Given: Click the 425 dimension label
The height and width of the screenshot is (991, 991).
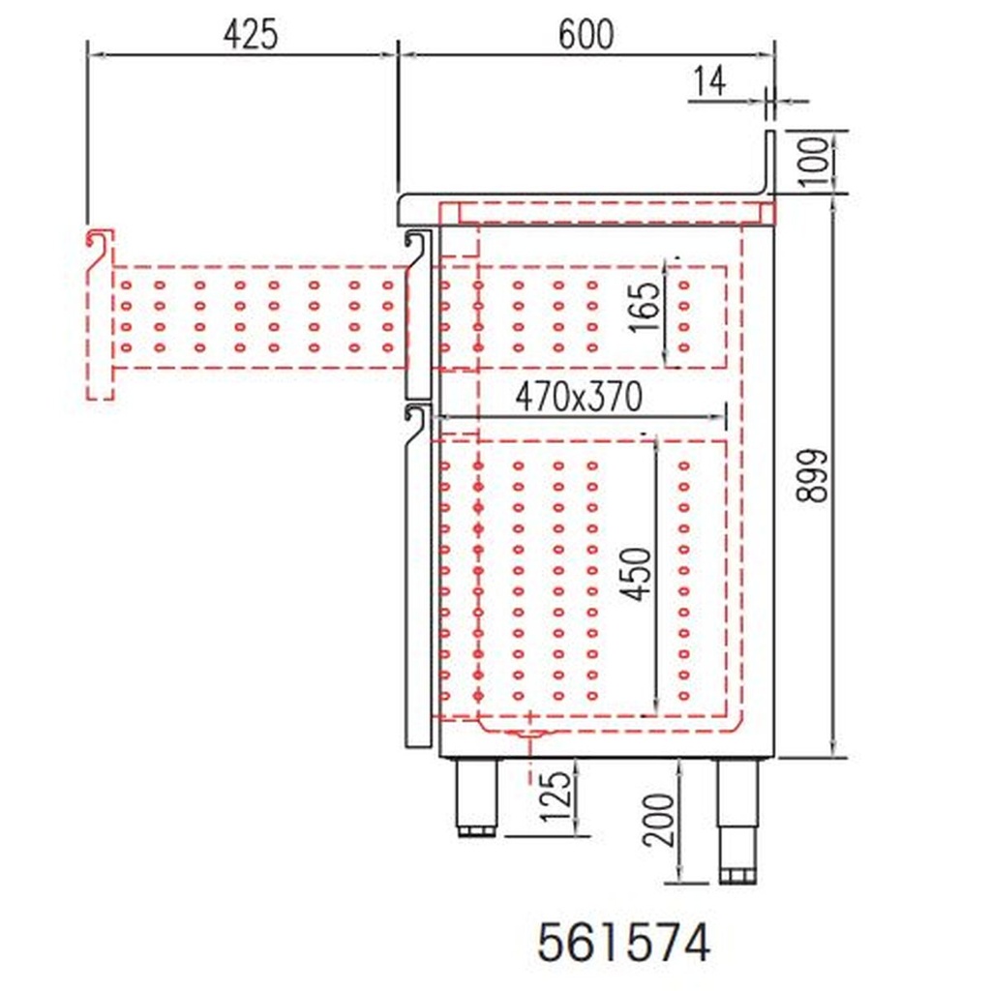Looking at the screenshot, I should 250,34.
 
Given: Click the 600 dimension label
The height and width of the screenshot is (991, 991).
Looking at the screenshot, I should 586,34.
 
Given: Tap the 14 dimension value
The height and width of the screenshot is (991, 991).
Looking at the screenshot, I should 708,82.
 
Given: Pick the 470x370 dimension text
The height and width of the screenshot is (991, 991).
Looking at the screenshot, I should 579,396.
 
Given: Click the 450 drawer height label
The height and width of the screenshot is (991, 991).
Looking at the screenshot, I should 636,573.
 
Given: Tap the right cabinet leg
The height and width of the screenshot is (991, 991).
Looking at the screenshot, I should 736,813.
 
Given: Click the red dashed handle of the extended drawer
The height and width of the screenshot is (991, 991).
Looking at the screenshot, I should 100,315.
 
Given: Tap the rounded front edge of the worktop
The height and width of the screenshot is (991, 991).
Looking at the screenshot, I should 405,204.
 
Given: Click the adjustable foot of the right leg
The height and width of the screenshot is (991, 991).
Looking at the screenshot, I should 736,874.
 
